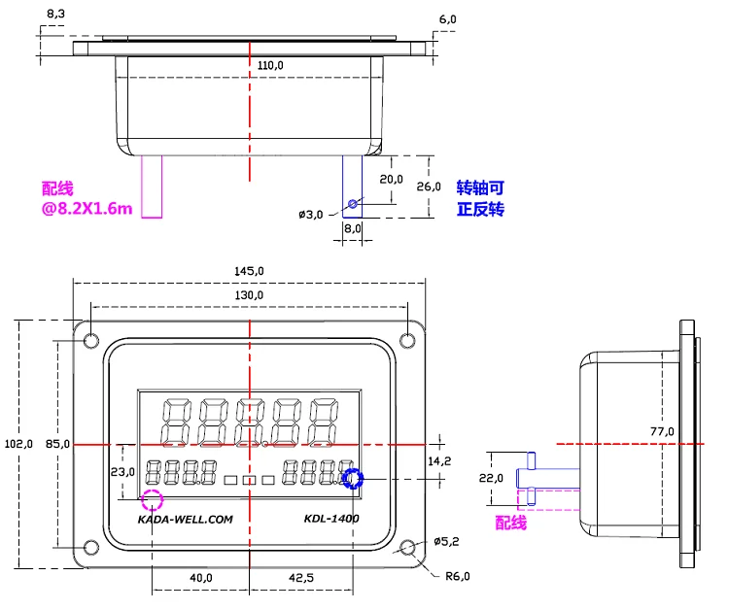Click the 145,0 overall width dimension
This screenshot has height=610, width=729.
click(249, 271)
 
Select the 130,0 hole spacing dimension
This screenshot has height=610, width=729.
click(249, 295)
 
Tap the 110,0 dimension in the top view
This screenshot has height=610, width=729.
click(270, 65)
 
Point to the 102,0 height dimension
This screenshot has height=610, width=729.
click(18, 444)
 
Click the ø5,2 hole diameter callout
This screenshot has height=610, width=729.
click(446, 541)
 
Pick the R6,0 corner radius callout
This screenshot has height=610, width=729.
click(458, 576)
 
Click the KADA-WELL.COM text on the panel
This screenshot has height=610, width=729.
click(185, 520)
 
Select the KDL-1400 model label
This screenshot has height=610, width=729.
click(331, 519)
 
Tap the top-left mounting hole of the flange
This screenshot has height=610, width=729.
click(91, 341)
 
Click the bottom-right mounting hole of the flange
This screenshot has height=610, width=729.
click(407, 547)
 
